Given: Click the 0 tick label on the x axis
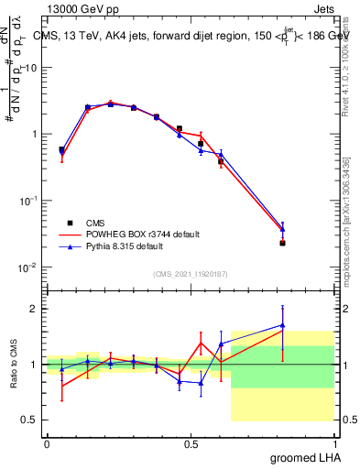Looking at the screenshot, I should [x=47, y=443].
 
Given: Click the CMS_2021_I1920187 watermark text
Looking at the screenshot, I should [x=190, y=273].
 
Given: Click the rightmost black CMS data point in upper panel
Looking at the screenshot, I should [x=282, y=243].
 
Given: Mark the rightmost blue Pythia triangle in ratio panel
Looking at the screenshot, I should [x=282, y=325].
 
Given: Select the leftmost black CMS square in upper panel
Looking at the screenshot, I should [x=61, y=149].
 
